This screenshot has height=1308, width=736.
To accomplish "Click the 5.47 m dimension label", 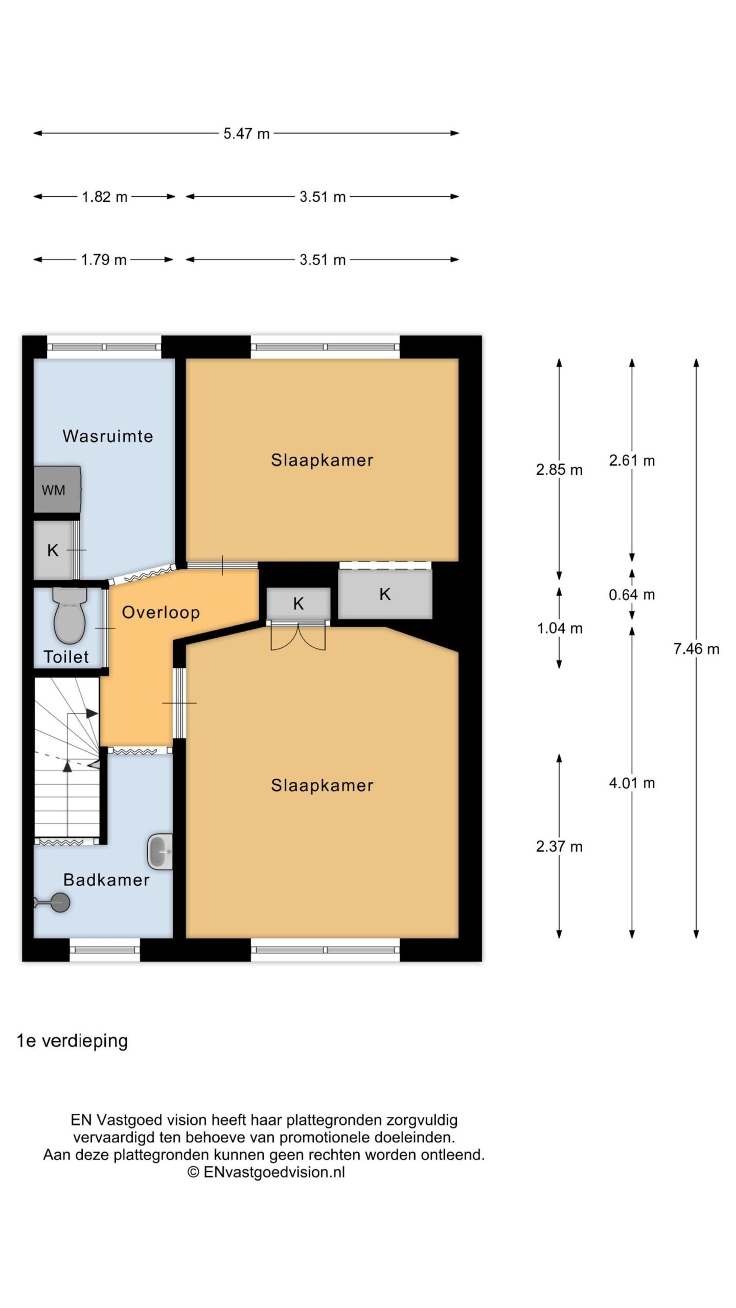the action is click(246, 133).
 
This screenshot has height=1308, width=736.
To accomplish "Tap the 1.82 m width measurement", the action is click(104, 197).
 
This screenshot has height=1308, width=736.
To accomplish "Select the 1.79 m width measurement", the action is click(104, 260).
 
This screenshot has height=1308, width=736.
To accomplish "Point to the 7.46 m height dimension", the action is click(696, 649).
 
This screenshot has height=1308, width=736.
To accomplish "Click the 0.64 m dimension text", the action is click(632, 594).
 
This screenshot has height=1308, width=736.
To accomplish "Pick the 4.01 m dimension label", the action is click(632, 783).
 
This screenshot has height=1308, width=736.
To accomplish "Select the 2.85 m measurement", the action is click(559, 470).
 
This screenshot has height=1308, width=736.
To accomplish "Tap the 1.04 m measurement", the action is click(560, 628).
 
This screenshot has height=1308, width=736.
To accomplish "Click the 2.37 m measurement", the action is click(559, 847).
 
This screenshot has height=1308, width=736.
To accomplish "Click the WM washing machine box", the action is click(57, 489).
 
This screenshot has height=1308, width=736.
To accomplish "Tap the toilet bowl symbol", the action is click(70, 616).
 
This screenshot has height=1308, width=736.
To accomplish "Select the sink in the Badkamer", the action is click(160, 852).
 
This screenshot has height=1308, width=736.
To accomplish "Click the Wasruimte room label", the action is click(108, 436).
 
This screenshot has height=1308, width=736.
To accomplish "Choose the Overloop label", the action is click(160, 612).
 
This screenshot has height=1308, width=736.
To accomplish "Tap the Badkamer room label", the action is click(106, 879).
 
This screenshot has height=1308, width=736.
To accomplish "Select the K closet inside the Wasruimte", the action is click(53, 550).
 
